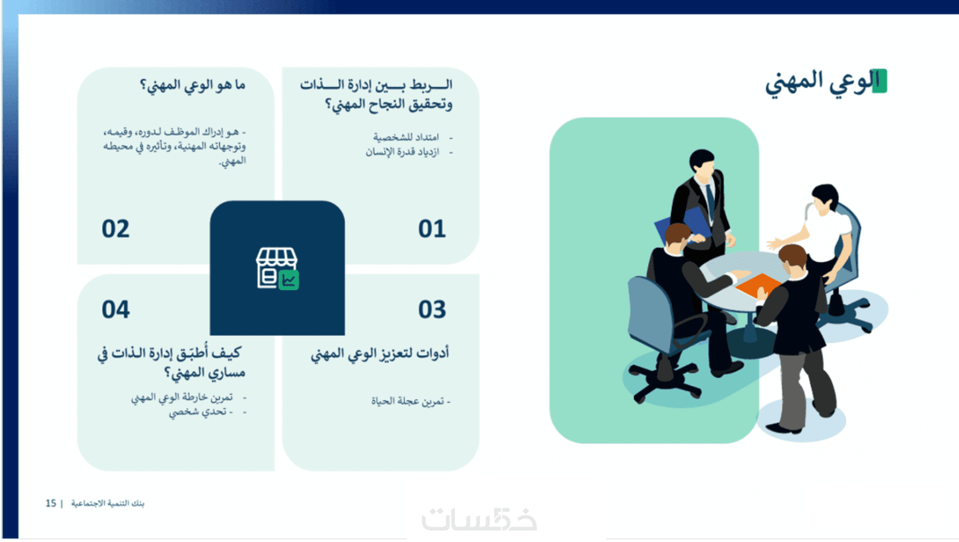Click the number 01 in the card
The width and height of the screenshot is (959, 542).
click(x=432, y=229)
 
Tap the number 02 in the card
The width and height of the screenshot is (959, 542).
click(x=116, y=229)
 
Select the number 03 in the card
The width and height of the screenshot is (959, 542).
click(x=432, y=309)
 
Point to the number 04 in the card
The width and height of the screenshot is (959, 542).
click(x=116, y=309)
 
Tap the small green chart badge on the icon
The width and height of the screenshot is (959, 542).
click(x=289, y=280)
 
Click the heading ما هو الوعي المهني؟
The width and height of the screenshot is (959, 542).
click(x=192, y=85)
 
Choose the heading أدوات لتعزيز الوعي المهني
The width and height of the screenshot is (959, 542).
click(x=380, y=354)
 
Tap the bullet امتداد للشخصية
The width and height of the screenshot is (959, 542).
click(x=406, y=137)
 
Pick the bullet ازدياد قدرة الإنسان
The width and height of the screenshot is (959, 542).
click(x=402, y=152)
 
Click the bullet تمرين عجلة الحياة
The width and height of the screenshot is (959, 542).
click(x=408, y=401)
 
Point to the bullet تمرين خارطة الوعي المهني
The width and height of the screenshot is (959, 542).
click(x=181, y=397)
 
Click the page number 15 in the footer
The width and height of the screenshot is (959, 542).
click(x=51, y=503)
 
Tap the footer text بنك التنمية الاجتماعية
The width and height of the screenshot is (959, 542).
click(x=108, y=503)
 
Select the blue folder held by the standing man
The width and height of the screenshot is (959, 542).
click(x=682, y=224)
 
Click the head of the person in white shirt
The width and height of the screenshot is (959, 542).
click(x=825, y=198)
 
